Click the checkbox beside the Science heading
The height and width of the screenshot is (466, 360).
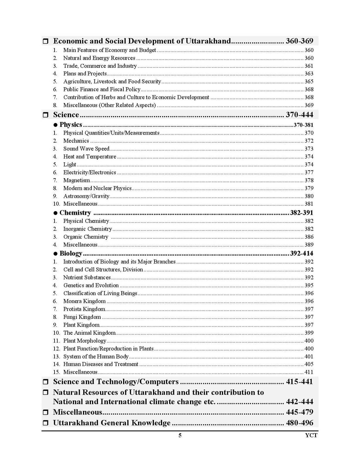pos(45,115)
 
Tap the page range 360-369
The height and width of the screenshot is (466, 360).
pos(299,41)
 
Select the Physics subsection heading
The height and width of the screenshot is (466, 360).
pos(71,125)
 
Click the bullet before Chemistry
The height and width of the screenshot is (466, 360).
pos(56,213)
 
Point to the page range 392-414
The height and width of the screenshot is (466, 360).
pos(301,254)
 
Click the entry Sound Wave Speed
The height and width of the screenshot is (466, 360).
pos(86,149)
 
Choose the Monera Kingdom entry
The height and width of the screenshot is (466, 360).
pos(84,301)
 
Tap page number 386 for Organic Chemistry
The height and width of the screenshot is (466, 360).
pos(309,237)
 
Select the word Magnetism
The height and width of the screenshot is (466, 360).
pos(77,181)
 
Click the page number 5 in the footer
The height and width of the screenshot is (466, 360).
pos(180,436)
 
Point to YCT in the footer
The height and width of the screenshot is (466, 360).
pos(311,436)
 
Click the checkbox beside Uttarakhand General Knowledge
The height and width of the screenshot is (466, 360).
pos(45,423)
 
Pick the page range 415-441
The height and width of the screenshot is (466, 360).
pos(299,382)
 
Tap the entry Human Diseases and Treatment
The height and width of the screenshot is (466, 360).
pos(101,364)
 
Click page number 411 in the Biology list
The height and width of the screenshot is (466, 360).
pos(309,372)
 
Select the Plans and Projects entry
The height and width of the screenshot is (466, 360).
pos(85,74)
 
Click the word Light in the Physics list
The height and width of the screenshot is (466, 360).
pos(69,165)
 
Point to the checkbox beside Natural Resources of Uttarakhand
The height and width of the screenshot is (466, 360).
pos(45,392)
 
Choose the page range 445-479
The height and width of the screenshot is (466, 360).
pos(299,412)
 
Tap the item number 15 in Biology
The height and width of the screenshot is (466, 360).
pos(56,372)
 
